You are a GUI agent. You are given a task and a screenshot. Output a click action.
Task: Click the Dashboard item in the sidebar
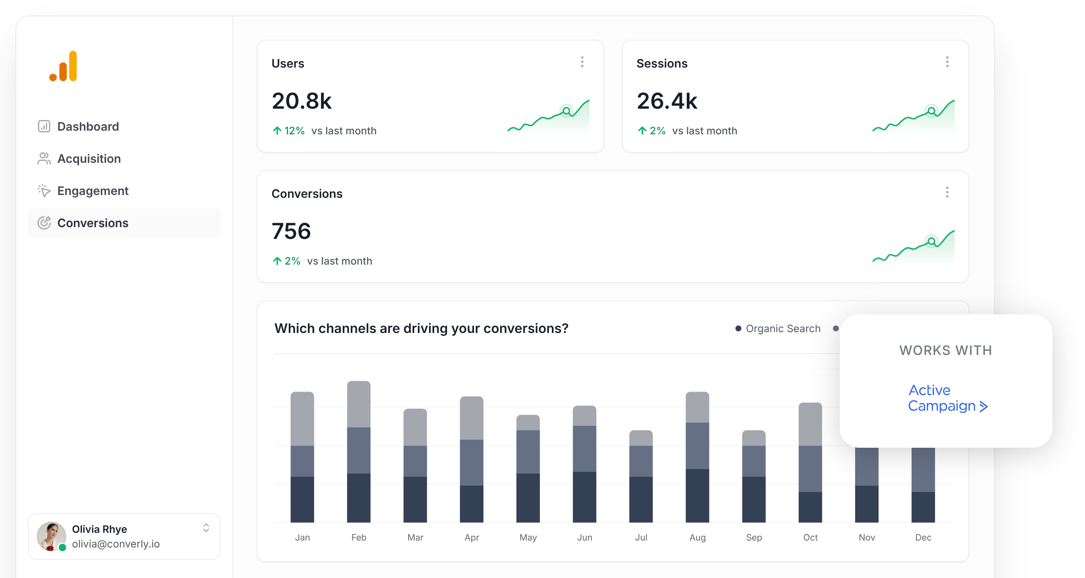point(88,126)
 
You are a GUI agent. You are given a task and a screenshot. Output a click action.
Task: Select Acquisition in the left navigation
point(88,159)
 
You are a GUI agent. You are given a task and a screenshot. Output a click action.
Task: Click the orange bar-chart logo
point(64,66)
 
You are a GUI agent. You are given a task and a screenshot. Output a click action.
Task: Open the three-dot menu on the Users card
point(582,62)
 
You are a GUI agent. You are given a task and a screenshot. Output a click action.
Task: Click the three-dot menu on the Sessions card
point(947,62)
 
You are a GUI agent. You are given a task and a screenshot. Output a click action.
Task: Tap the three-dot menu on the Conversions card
point(947,193)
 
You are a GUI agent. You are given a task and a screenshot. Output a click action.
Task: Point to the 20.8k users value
point(301,101)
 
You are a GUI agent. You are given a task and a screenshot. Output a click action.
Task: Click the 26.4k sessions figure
point(667,101)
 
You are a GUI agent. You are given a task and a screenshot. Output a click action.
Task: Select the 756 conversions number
point(291,231)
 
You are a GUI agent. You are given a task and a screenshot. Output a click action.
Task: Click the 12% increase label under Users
point(289,131)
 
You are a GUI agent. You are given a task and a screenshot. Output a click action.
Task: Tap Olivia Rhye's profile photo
point(51,536)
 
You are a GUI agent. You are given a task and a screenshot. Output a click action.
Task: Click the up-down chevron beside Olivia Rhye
point(206,528)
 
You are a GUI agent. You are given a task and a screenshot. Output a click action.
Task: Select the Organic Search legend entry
point(778,328)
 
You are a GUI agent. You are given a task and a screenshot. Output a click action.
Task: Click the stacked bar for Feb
point(358,451)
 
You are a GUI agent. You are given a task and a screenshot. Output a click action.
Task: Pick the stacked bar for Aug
point(697,457)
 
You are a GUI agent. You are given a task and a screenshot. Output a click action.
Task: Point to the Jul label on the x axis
point(641,537)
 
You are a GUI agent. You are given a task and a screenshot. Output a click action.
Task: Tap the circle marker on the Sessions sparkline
point(932,111)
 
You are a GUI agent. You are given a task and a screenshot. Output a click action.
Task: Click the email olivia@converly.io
point(116,544)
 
